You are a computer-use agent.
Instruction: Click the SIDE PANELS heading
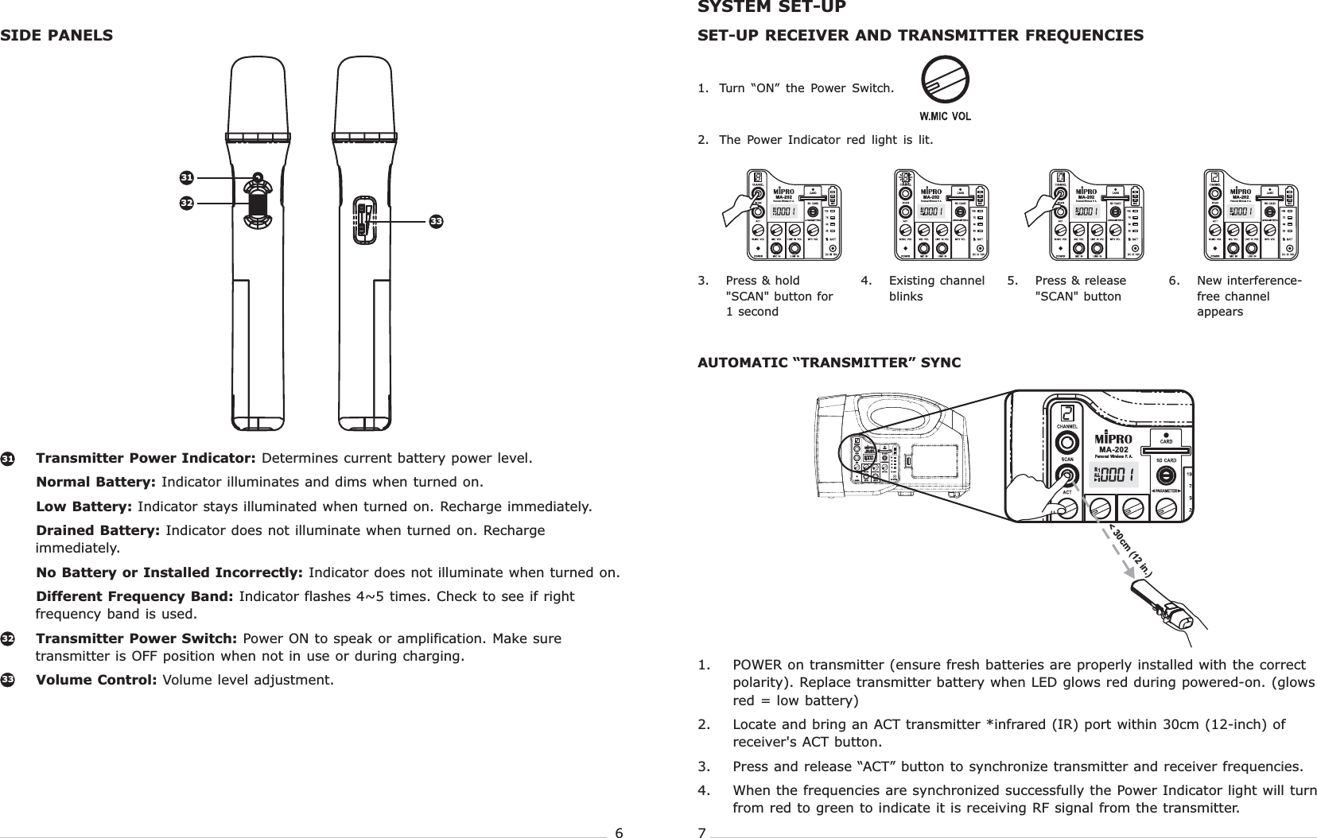pos(56,36)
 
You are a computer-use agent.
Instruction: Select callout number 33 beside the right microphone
pos(436,220)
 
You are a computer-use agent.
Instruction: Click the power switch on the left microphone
pos(258,205)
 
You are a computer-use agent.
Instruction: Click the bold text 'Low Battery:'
pos(85,506)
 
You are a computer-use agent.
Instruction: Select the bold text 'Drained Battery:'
pos(99,530)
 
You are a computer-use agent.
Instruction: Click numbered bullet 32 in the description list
pos(6,639)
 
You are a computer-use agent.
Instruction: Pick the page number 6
pos(619,832)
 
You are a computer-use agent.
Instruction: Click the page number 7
pos(701,832)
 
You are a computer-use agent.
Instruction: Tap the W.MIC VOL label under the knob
pos(945,116)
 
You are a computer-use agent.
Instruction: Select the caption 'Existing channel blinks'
pos(936,289)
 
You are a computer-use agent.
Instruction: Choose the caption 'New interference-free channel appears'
pos(1249,296)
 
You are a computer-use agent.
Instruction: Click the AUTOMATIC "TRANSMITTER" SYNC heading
pos(829,363)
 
